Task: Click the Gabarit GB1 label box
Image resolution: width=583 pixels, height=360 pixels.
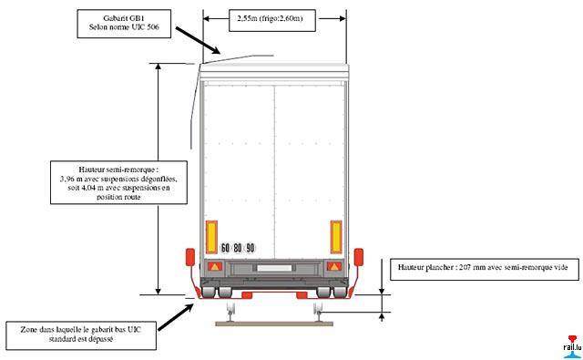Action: point(124,24)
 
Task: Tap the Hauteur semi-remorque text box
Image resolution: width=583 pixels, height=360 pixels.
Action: point(118,182)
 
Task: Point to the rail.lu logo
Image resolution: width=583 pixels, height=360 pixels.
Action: point(572,346)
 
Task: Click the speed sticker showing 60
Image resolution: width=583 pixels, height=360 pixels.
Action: point(225,248)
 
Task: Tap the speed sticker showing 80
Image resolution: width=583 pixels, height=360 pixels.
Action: point(238,248)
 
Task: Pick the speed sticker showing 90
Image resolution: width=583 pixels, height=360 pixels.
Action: point(251,248)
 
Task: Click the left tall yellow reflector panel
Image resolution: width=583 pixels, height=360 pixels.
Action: point(211,237)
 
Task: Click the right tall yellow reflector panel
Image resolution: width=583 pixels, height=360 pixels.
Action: point(336,237)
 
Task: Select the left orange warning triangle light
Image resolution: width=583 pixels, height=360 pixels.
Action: point(215,266)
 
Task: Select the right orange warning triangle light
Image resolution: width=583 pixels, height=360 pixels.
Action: point(334,266)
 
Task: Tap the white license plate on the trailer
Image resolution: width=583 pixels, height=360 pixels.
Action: point(274,268)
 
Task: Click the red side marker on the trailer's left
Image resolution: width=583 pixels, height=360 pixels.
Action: point(190,257)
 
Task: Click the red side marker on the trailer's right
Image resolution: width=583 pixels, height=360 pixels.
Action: point(358,257)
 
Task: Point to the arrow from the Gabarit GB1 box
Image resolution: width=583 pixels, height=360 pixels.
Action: point(198,40)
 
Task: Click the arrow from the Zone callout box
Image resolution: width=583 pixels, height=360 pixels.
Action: point(176,317)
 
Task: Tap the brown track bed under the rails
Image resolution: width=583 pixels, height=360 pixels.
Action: point(274,324)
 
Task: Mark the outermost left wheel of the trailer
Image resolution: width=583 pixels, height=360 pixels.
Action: point(209,292)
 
